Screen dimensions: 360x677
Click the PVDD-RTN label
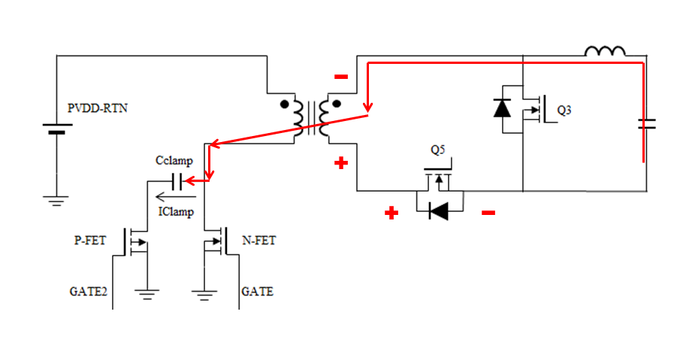pyautogui.click(x=98, y=109)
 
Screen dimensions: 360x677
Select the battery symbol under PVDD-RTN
pyautogui.click(x=56, y=130)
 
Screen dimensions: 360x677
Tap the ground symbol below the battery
pyautogui.click(x=56, y=200)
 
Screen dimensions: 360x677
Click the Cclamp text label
pyautogui.click(x=174, y=162)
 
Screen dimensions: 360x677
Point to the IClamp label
pyautogui.click(x=176, y=213)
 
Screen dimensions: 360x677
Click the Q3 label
pyautogui.click(x=564, y=110)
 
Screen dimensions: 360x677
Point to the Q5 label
pyautogui.click(x=438, y=150)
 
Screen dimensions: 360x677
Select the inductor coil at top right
pyautogui.click(x=605, y=51)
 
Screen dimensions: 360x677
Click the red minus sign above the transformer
pyautogui.click(x=341, y=76)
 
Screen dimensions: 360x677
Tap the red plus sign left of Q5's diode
pyautogui.click(x=391, y=213)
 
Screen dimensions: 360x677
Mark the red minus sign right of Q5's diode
pyautogui.click(x=488, y=213)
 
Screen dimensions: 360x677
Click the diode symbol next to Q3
pyautogui.click(x=502, y=107)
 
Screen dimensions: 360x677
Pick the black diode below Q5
pyautogui.click(x=438, y=211)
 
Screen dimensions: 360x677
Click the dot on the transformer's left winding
pyautogui.click(x=285, y=104)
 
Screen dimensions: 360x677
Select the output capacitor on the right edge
pyautogui.click(x=644, y=124)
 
